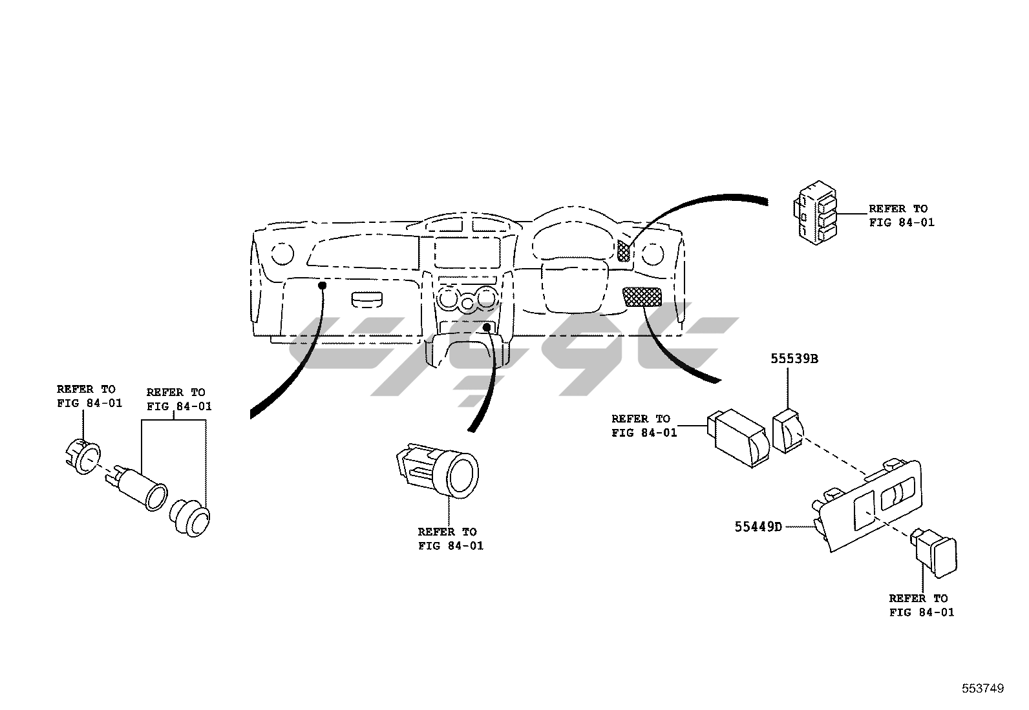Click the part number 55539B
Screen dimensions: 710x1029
coord(794,359)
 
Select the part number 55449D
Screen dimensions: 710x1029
coord(758,527)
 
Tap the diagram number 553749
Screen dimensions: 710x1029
coord(982,689)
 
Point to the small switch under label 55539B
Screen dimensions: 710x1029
coord(787,431)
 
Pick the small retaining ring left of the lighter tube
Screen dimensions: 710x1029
coord(83,456)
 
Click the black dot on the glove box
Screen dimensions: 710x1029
coord(321,285)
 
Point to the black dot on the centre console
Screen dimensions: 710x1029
coord(486,328)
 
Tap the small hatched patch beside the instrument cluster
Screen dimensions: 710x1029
coord(623,250)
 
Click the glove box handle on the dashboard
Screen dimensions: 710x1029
coord(368,299)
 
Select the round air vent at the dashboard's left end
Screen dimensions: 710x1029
coord(282,253)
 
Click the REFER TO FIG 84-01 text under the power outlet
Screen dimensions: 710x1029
coord(450,539)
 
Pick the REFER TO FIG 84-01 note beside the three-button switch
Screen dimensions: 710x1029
coord(901,216)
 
